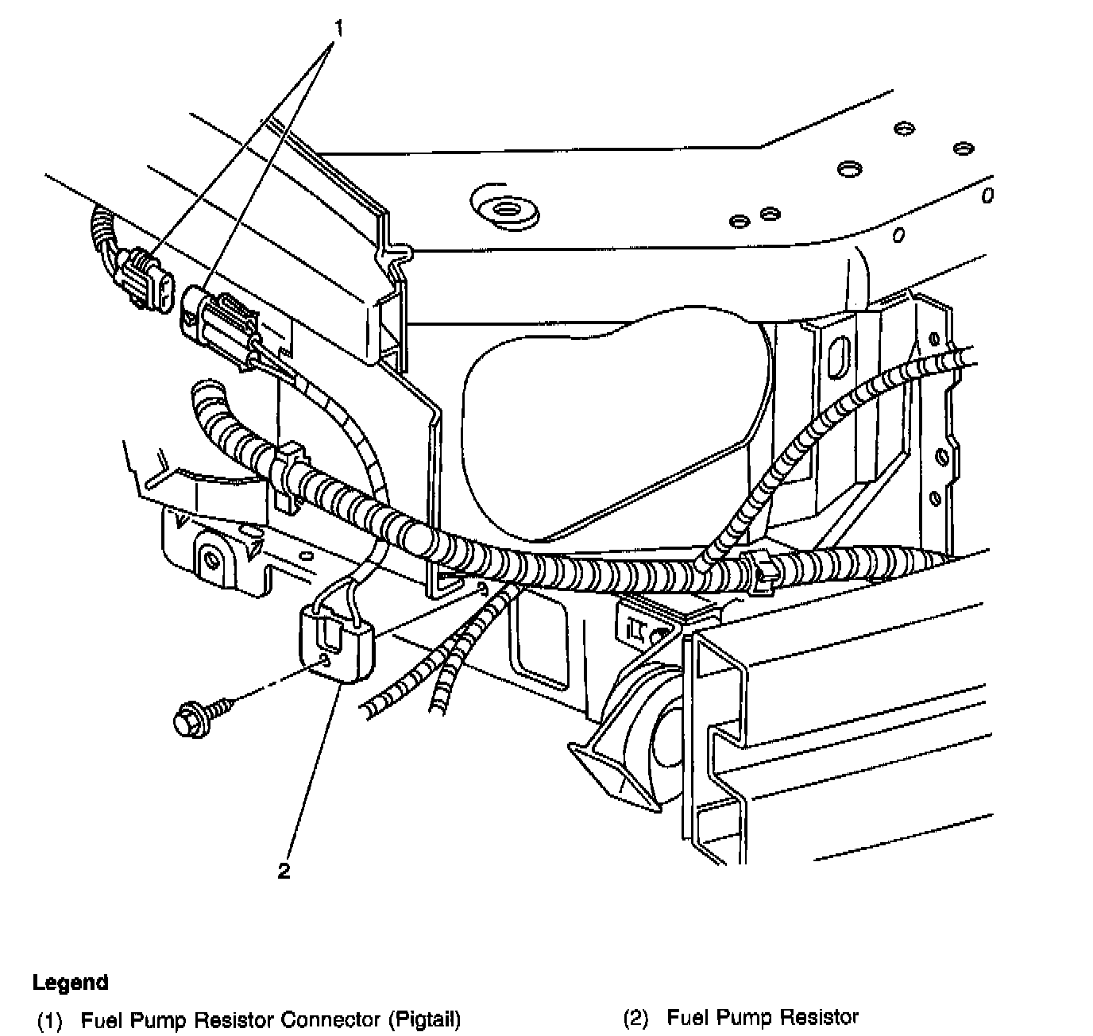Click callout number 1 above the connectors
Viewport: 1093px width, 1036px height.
pyautogui.click(x=339, y=29)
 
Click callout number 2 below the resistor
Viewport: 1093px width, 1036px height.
pyautogui.click(x=284, y=871)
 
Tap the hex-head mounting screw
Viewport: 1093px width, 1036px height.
pyautogui.click(x=191, y=717)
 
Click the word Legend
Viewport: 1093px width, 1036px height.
pyautogui.click(x=70, y=983)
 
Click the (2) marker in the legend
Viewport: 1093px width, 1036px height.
pyautogui.click(x=635, y=1019)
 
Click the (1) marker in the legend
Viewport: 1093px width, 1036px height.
pyautogui.click(x=49, y=1020)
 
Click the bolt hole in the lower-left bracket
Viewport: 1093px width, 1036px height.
pyautogui.click(x=211, y=561)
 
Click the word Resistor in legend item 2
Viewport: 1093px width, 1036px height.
pyautogui.click(x=819, y=1018)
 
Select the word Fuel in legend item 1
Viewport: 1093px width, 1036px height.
pyautogui.click(x=99, y=1019)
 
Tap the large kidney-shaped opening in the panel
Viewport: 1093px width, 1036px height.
pyautogui.click(x=612, y=429)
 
